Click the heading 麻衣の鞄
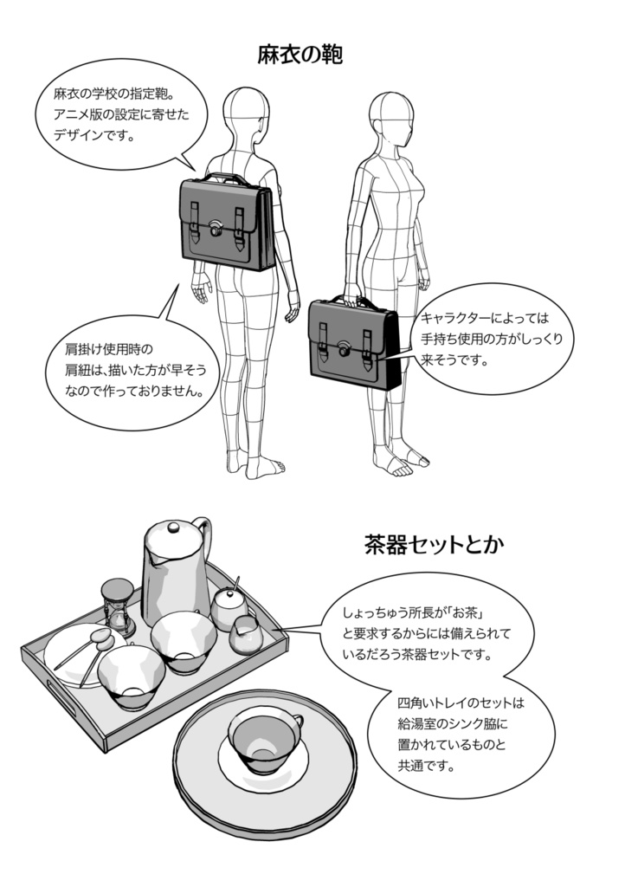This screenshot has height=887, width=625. (300, 56)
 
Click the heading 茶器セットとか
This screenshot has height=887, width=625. (434, 546)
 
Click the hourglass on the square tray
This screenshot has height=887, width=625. (115, 605)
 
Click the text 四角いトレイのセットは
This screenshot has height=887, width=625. (461, 702)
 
